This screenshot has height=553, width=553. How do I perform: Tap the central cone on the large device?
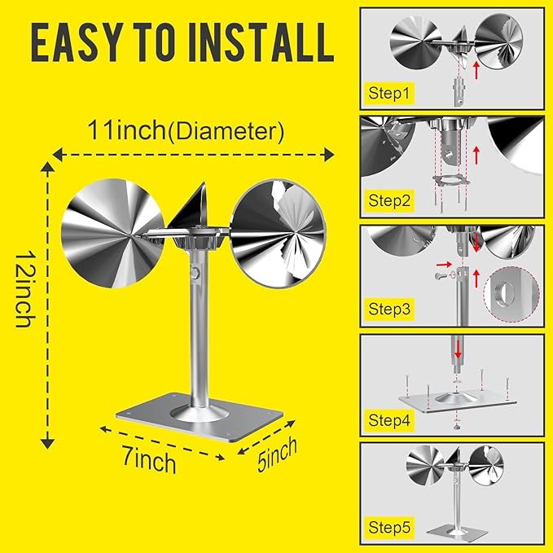tap(195, 208)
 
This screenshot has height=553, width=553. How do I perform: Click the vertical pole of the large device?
tap(199, 334)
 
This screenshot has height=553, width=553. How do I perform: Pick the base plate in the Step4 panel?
tap(456, 402)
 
